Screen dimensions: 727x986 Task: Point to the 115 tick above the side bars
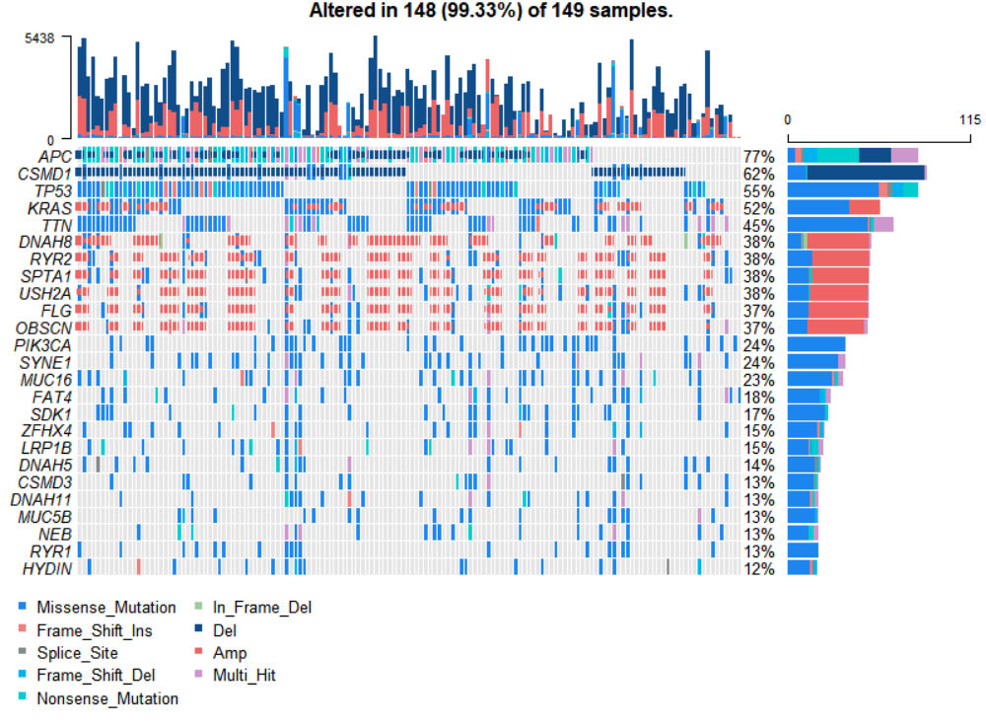tap(969, 118)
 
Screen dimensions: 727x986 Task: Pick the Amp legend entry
tap(230, 653)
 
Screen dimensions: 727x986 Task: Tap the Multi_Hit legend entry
tap(242, 676)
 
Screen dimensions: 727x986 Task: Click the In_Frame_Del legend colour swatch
tap(197, 607)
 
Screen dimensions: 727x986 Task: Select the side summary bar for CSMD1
tap(857, 174)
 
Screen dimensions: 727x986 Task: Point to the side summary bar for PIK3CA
tap(816, 345)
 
